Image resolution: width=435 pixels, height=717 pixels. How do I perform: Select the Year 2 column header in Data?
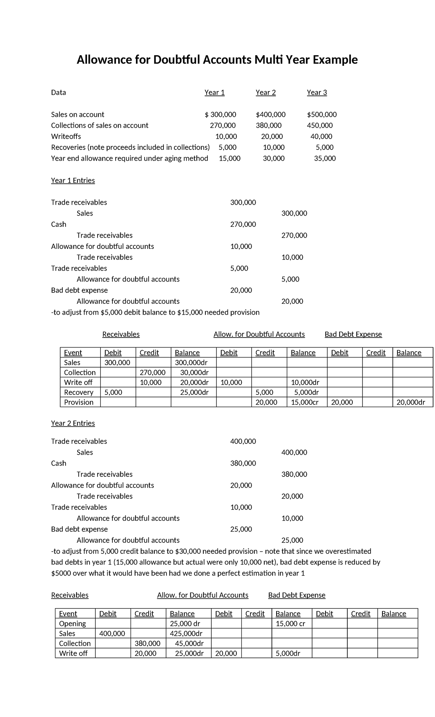coord(265,93)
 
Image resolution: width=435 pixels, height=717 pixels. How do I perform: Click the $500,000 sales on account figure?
coord(322,115)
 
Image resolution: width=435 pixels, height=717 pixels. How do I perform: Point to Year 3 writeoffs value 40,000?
coord(321,136)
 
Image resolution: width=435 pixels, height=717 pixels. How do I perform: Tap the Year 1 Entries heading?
coord(73,180)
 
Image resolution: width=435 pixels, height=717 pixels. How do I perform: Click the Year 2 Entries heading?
coord(73,423)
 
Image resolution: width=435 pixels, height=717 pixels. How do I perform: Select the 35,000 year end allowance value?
coord(325,158)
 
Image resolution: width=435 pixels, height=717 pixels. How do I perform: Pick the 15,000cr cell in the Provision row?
coord(304,402)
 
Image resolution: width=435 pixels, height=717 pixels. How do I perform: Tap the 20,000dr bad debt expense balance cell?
coord(411,402)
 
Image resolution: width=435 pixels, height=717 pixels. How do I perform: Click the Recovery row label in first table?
coord(79,392)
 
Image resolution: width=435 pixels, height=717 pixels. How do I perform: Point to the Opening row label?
coord(72,623)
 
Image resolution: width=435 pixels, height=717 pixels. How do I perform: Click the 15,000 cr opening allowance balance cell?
coord(290,623)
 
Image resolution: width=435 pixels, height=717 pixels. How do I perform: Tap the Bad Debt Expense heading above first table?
coord(353,334)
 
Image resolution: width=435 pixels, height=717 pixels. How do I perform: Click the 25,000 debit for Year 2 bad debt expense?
coord(241,529)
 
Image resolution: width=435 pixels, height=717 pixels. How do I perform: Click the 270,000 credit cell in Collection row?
coord(153,372)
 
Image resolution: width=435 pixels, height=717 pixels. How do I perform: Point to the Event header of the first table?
coord(73,353)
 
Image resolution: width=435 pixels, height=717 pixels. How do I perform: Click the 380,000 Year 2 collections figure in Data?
coord(268,126)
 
